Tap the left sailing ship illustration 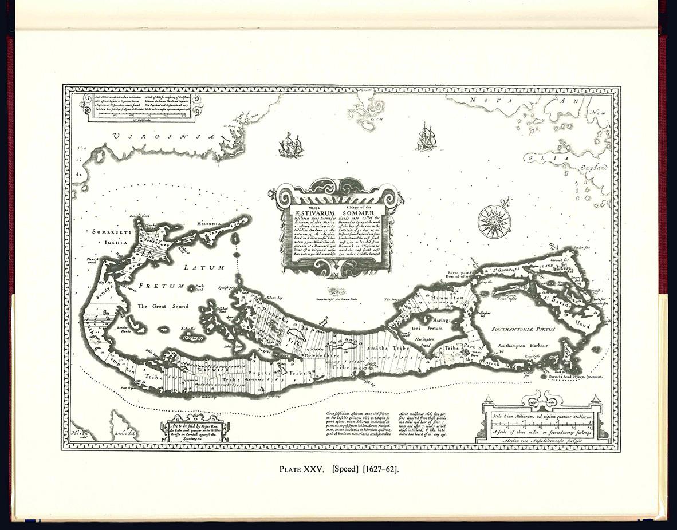[x=292, y=145]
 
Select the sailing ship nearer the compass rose [x=426, y=137]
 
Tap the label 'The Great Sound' [x=163, y=306]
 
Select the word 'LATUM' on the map [x=204, y=267]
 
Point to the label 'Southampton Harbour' [x=523, y=346]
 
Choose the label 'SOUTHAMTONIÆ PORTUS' [x=523, y=330]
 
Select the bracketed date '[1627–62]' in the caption [x=380, y=469]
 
